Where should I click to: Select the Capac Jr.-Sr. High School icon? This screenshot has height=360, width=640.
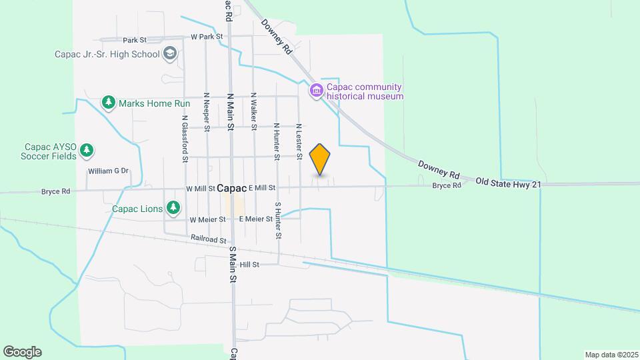click(170, 54)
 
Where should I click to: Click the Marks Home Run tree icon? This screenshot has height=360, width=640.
click(108, 103)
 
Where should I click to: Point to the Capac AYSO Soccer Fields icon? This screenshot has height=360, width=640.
click(86, 152)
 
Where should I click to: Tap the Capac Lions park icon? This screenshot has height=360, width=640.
click(173, 208)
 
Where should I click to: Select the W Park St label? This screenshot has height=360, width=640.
click(206, 37)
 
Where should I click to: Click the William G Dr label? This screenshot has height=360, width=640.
click(107, 171)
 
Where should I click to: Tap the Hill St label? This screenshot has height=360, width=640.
click(249, 265)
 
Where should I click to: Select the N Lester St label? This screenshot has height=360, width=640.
click(299, 141)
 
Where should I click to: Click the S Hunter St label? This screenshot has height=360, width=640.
click(278, 221)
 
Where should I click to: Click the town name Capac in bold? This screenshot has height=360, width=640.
click(231, 189)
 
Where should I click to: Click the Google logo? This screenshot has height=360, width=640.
click(22, 352)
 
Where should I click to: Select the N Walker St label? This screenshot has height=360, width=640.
click(254, 111)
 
